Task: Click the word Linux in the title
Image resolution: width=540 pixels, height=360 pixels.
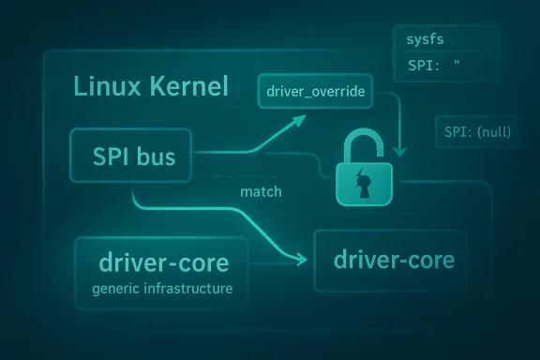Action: point(103,89)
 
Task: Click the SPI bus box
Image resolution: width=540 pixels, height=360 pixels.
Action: point(132,157)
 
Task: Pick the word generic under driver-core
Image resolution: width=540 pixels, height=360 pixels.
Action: point(116,288)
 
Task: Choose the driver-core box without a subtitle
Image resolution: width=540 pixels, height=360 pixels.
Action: point(388,260)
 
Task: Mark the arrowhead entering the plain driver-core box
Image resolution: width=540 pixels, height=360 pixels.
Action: point(305,258)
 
